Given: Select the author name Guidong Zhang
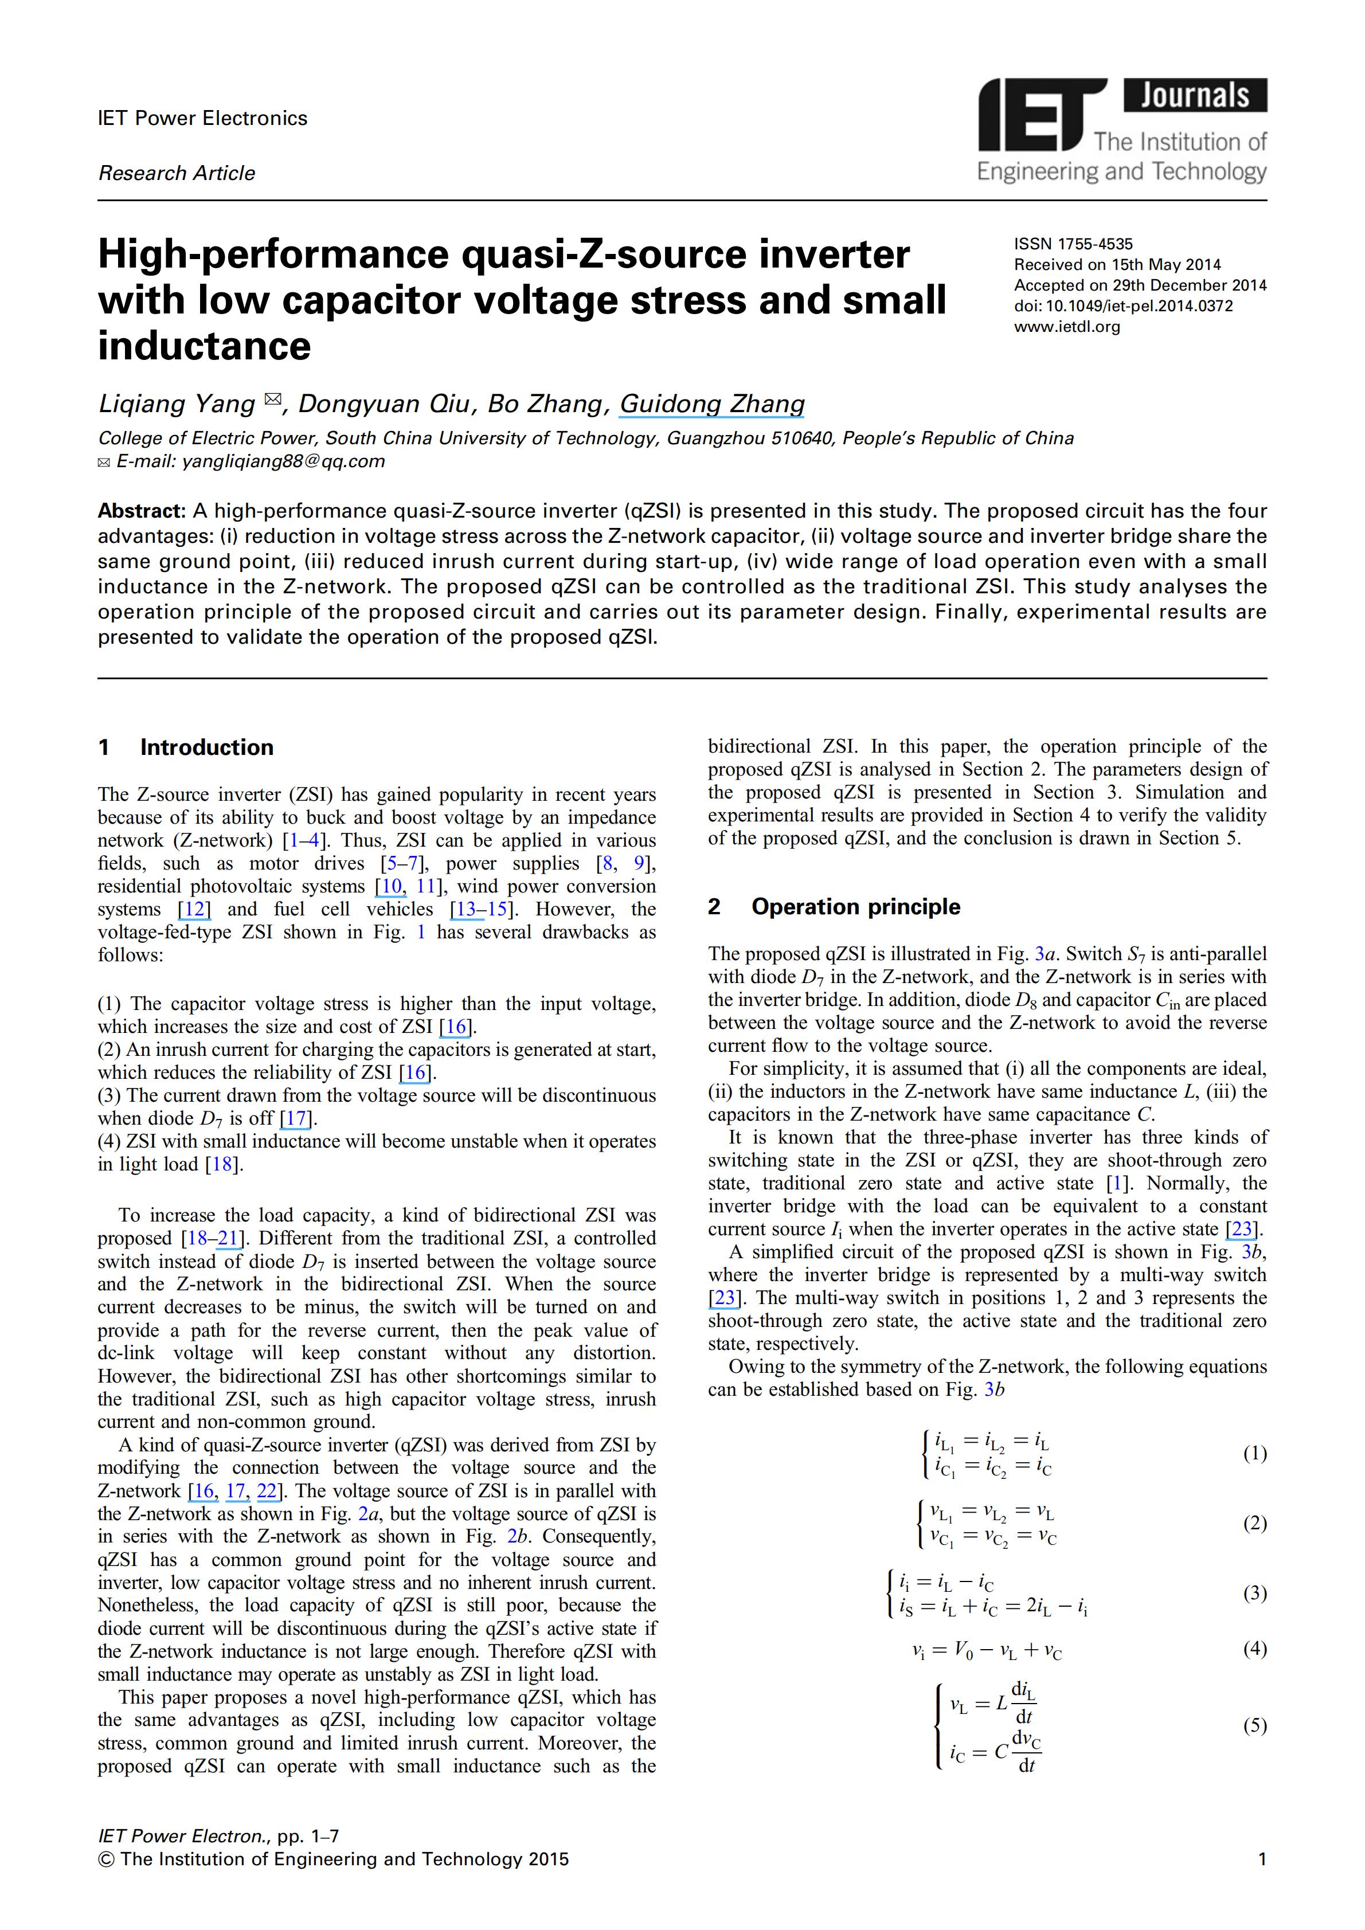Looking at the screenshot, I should click(712, 404).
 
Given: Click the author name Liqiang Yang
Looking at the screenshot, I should click(177, 404).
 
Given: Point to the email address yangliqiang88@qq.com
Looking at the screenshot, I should click(283, 461).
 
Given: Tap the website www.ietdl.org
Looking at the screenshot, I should click(1067, 327).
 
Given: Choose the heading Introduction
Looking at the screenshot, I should click(207, 747).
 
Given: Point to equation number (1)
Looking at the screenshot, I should click(1254, 1454).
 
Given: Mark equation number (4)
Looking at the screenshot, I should click(1254, 1649).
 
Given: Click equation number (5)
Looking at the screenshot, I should click(1254, 1726).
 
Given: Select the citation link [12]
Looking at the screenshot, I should click(194, 910).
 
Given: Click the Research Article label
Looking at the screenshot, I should click(177, 173).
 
